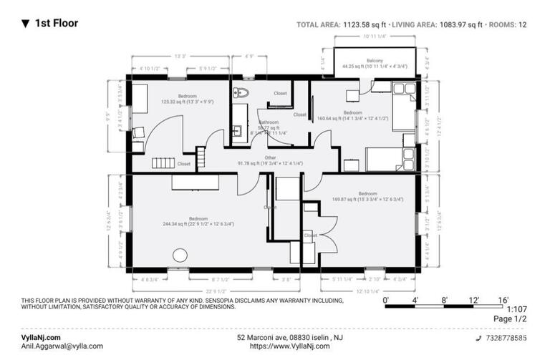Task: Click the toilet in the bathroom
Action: point(241,92)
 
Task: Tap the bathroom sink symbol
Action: point(236,131)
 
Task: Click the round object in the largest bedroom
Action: point(180,255)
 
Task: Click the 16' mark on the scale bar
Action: point(504,300)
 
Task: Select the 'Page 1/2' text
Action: point(510,318)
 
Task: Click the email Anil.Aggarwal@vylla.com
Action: point(62,346)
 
